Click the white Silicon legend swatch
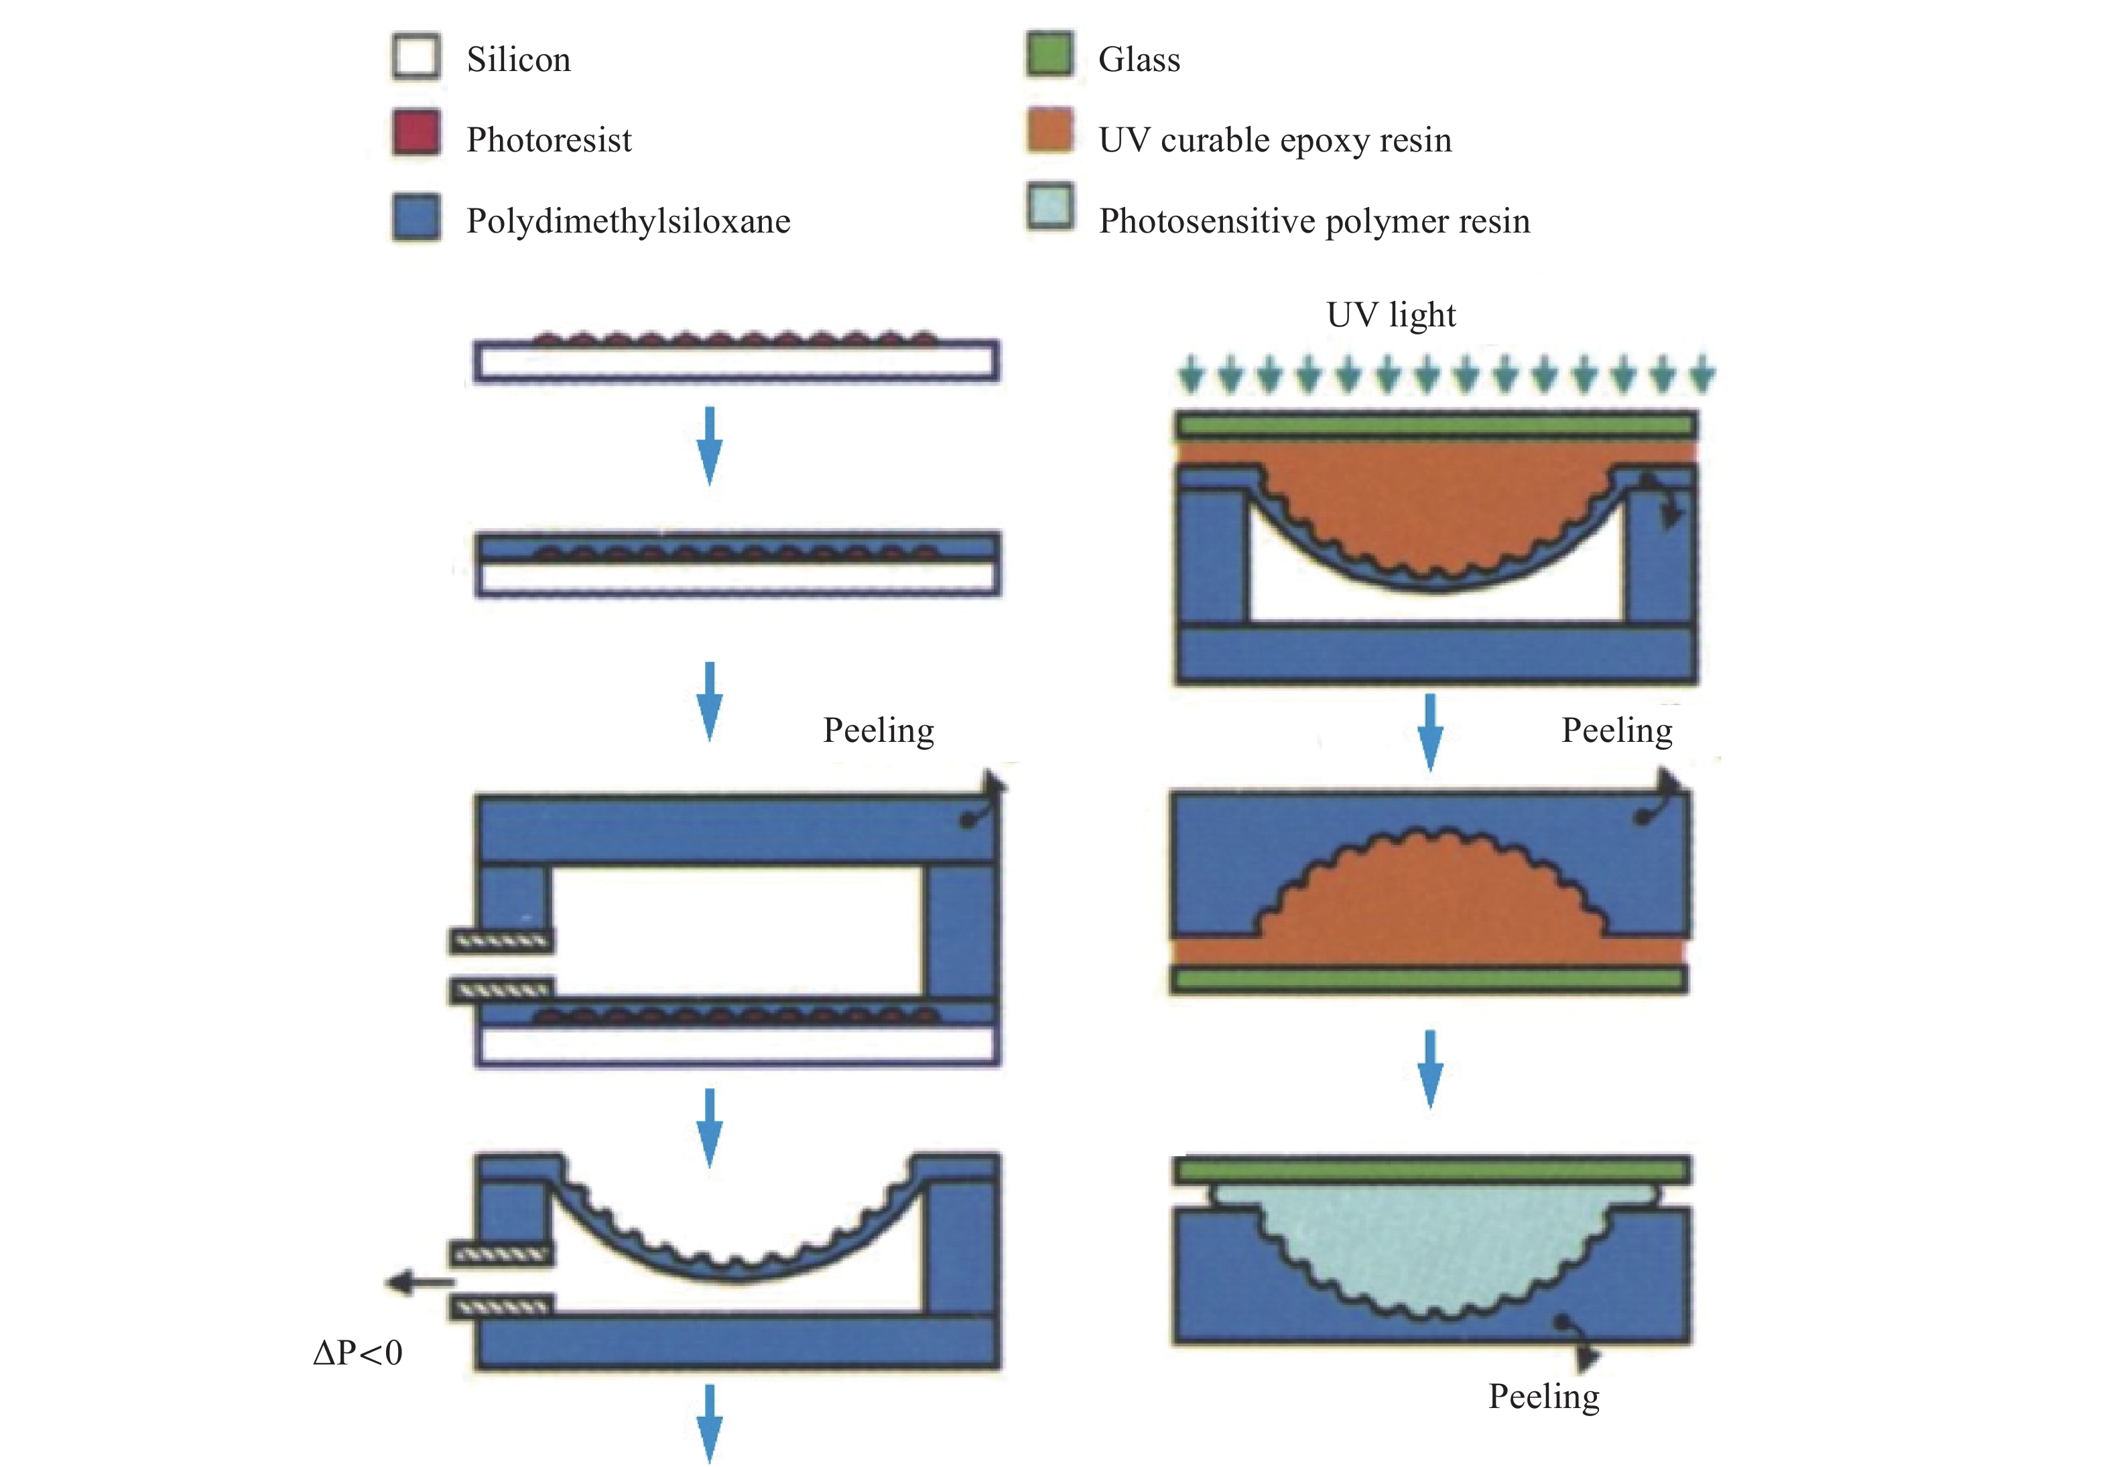click(416, 56)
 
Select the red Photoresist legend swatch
click(416, 133)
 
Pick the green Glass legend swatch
click(1049, 54)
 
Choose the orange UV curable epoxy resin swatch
click(1049, 131)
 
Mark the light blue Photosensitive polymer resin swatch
click(1049, 206)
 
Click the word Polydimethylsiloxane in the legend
click(629, 222)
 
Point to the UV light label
click(1391, 314)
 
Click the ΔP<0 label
click(357, 1352)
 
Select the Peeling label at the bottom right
click(1544, 1396)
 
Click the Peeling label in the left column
click(879, 730)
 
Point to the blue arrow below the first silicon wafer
click(710, 446)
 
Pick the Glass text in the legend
click(1139, 60)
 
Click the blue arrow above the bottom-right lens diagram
click(1430, 1069)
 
